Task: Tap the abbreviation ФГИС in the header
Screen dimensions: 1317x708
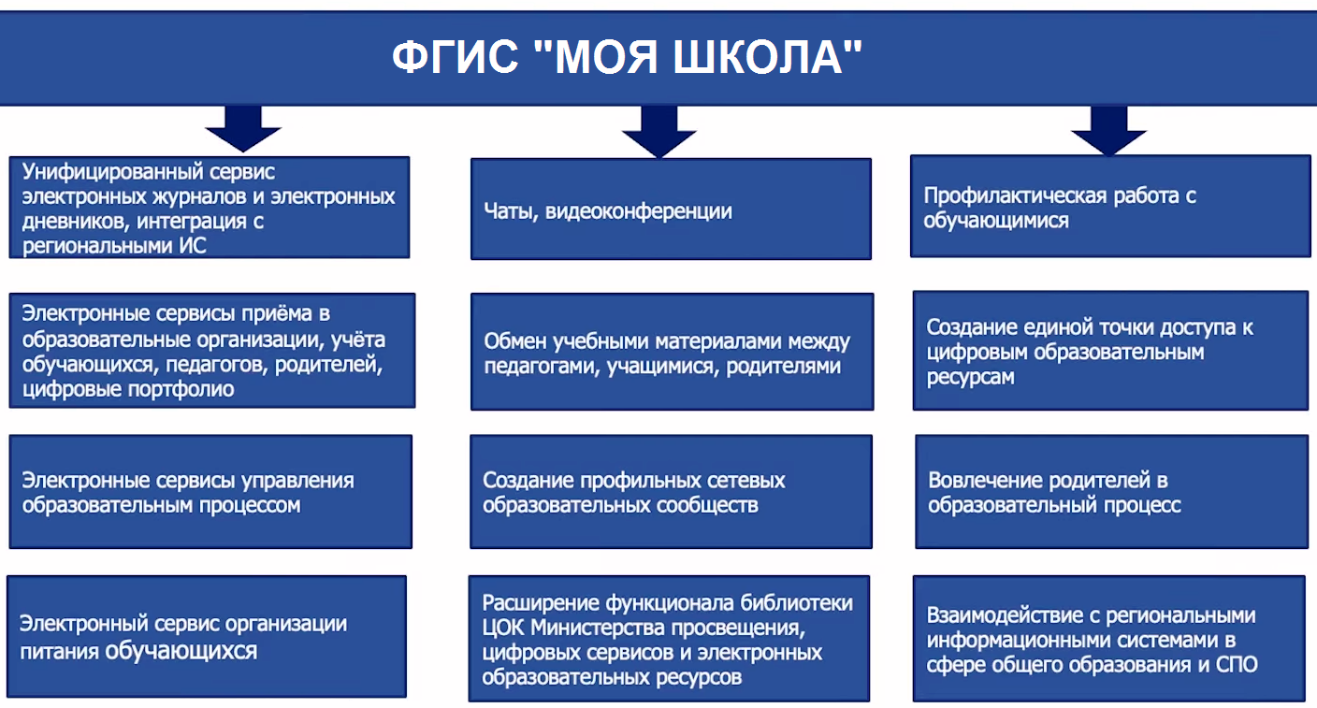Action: (456, 57)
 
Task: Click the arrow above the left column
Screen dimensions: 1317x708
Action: (243, 129)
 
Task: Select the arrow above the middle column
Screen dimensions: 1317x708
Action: (659, 132)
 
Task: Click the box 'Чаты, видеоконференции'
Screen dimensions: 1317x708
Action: (671, 209)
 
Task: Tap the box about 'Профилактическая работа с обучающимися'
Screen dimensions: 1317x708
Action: (1110, 206)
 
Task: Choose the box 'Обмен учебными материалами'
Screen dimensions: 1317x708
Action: (672, 352)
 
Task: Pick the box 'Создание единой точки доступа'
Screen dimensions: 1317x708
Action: (1110, 351)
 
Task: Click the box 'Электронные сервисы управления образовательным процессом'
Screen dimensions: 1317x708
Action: (210, 492)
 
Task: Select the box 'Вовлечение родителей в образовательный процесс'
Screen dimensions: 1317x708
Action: (1112, 492)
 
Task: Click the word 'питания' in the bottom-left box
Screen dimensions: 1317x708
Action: (59, 651)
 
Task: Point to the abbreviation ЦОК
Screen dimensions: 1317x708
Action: (502, 628)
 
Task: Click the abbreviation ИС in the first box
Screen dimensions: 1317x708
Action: (193, 246)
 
